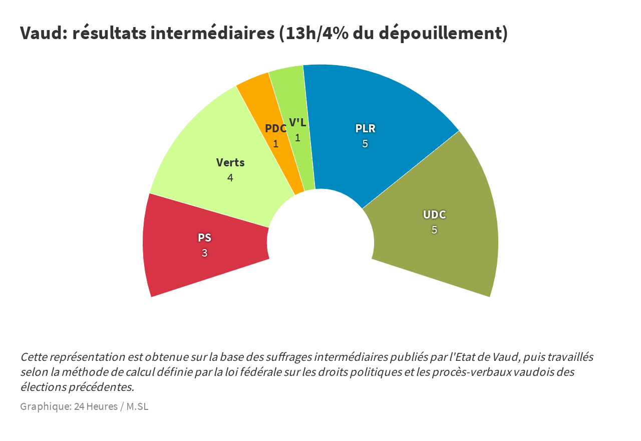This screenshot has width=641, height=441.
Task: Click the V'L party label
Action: point(297,123)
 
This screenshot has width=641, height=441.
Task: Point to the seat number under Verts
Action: point(230,178)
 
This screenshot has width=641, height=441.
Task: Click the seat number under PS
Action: point(204,253)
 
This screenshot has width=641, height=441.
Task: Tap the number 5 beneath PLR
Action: point(365,144)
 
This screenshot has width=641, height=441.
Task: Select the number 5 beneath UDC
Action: point(434,230)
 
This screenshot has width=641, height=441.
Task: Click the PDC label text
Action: point(275,128)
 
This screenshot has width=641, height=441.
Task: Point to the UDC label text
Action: point(434,214)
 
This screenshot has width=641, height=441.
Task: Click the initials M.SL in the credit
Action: point(137,406)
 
